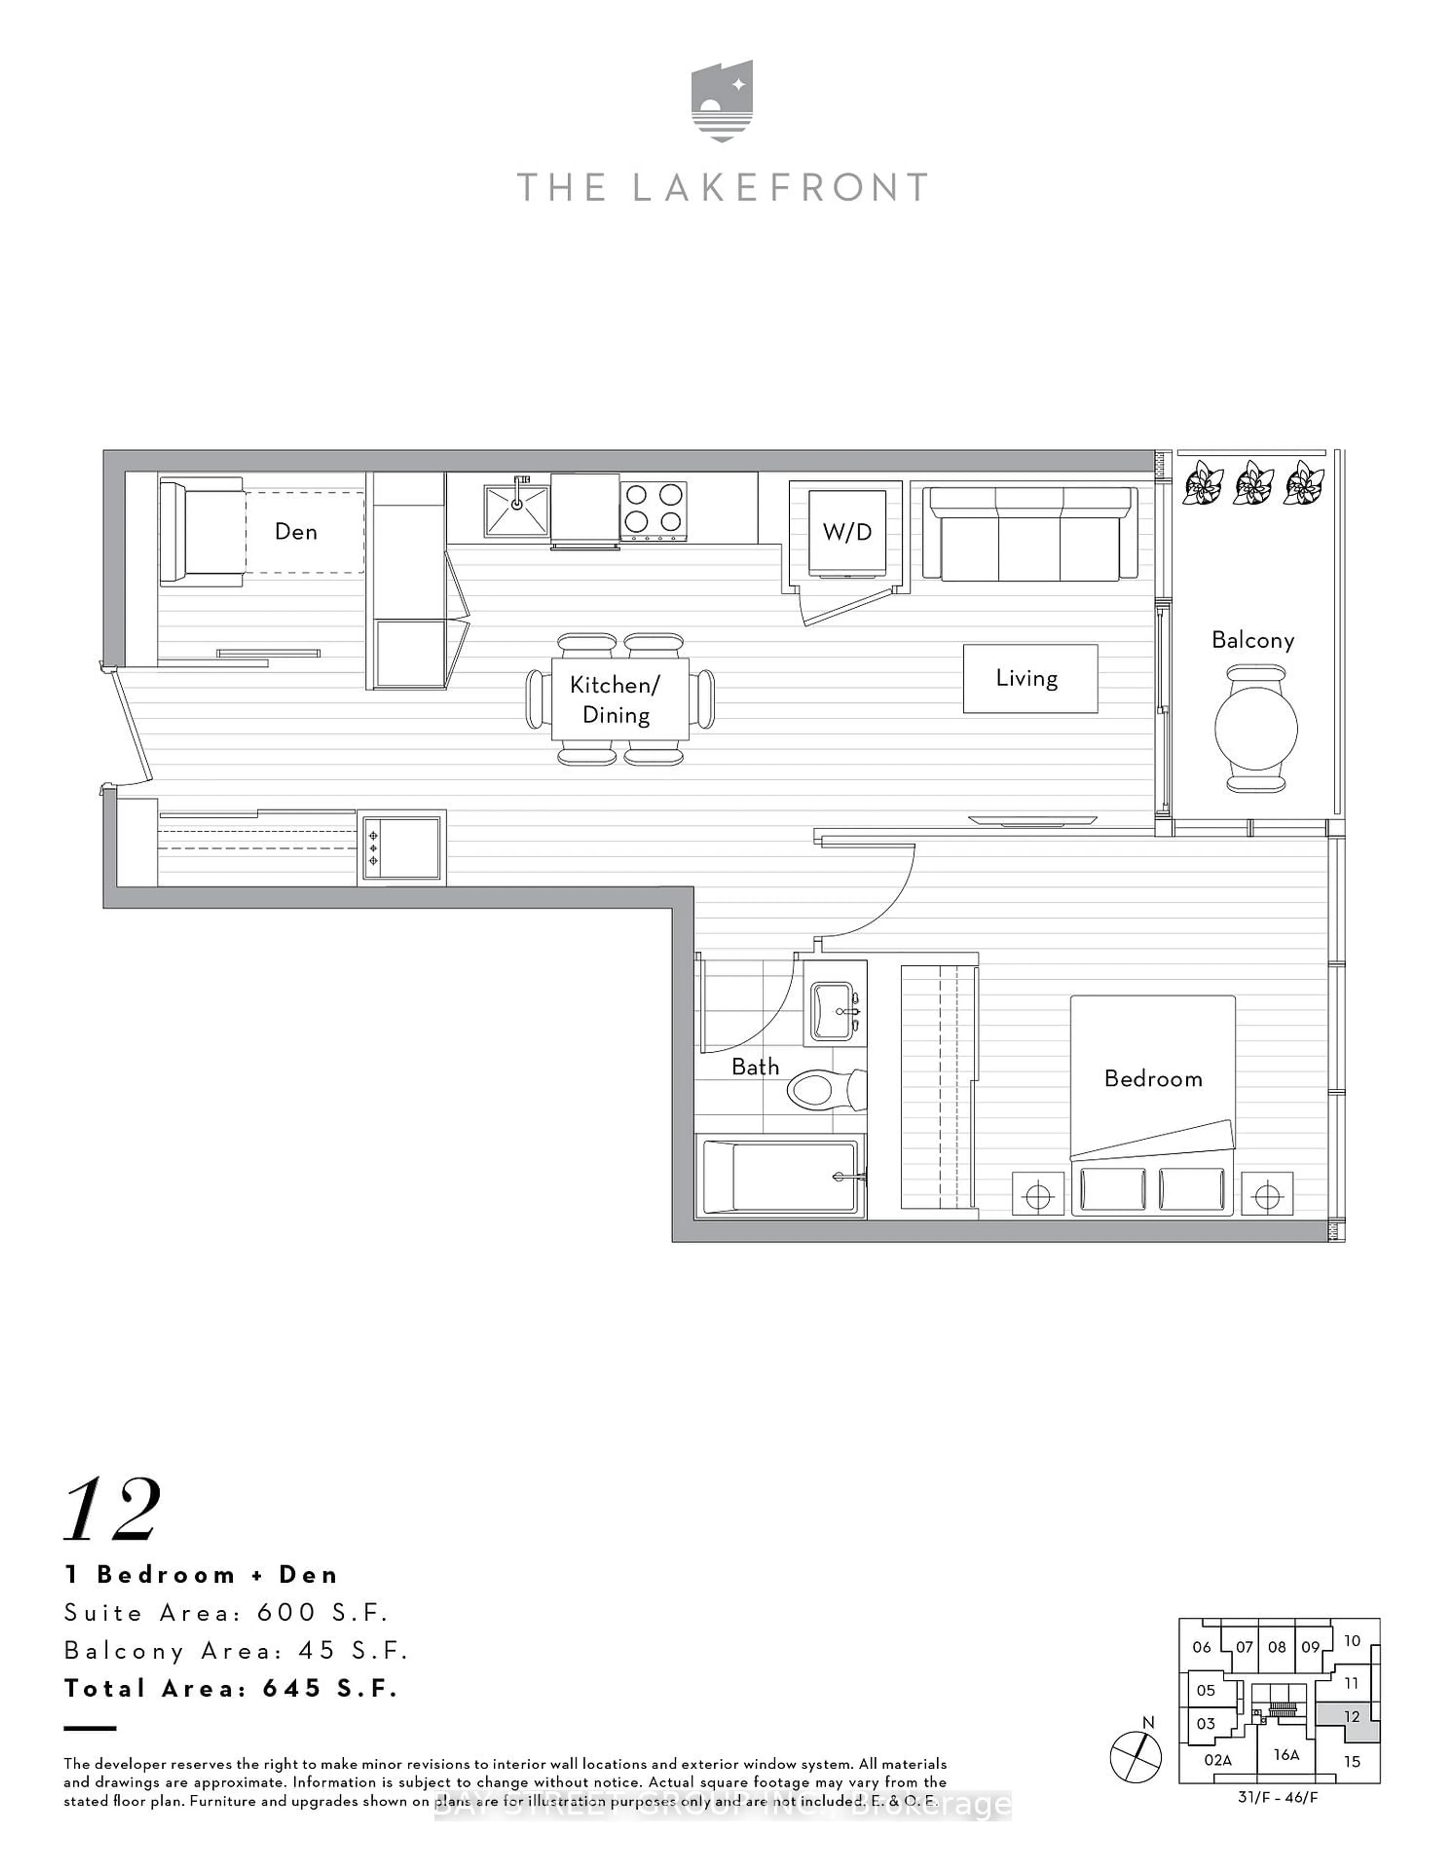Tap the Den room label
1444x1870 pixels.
[x=296, y=532]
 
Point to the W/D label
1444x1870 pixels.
[x=846, y=532]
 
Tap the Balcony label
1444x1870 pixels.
[x=1252, y=641]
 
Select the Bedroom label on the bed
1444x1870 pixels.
[x=1153, y=1079]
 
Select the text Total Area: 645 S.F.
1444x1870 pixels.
[x=231, y=1688]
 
